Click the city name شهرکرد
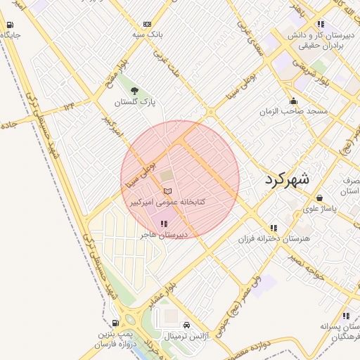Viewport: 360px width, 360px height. [x=287, y=179]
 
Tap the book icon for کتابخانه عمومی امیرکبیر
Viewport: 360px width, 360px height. [x=167, y=191]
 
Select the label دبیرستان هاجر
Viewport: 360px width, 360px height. [x=162, y=235]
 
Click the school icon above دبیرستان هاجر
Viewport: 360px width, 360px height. [x=163, y=224]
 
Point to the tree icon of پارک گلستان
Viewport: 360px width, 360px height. [x=134, y=90]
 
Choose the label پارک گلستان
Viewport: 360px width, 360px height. [x=135, y=102]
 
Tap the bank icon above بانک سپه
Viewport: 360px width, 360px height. [x=146, y=23]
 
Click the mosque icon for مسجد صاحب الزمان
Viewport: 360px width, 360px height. [x=293, y=101]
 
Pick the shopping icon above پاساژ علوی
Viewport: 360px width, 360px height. [x=320, y=198]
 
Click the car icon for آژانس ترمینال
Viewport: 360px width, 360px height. [x=186, y=326]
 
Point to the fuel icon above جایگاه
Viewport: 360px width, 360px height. [x=10, y=25]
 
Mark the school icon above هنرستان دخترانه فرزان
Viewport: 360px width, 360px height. [x=274, y=228]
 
